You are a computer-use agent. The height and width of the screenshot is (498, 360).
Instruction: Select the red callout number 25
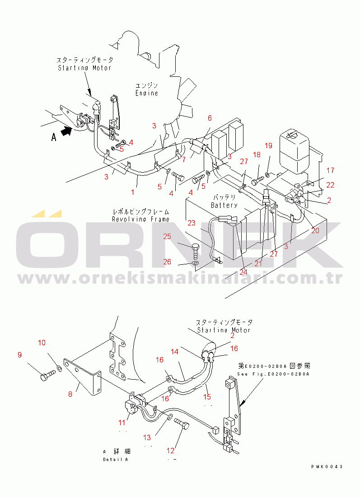click(167, 236)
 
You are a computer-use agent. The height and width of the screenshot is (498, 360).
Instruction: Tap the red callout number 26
click(167, 262)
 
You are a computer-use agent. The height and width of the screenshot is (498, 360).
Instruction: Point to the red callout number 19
click(268, 146)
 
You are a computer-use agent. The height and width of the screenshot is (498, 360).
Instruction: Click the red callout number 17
click(330, 170)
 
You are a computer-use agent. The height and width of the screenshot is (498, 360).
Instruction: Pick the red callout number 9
click(19, 355)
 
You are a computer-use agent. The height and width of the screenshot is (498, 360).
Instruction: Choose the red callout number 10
click(41, 343)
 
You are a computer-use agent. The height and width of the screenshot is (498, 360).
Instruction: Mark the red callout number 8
click(70, 394)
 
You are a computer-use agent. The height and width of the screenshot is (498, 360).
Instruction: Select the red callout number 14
click(174, 351)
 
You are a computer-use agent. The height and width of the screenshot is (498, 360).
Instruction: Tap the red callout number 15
click(207, 397)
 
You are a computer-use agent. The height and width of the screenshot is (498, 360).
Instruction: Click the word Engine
click(147, 93)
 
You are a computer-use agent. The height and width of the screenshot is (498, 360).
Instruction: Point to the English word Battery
click(224, 205)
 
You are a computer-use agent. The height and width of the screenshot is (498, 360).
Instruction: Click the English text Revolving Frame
click(141, 219)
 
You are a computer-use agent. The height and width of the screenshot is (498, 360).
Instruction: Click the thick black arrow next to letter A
click(66, 132)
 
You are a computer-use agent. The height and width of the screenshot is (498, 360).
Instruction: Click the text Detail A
click(116, 459)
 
